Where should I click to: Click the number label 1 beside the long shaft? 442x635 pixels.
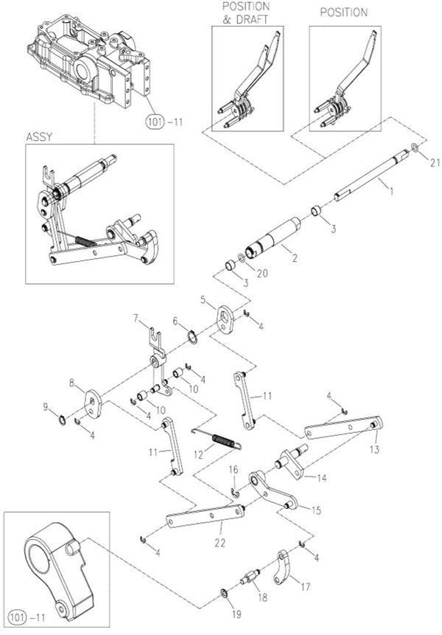(391, 190)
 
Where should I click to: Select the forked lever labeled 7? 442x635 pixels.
(155, 354)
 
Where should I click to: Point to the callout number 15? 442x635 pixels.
(318, 509)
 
